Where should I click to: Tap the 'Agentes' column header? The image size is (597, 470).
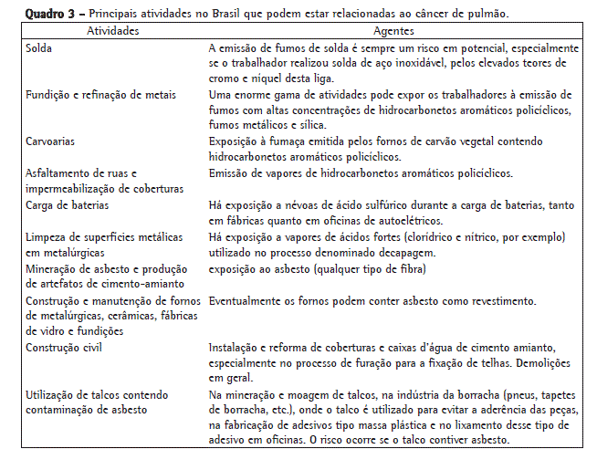point(395,30)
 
